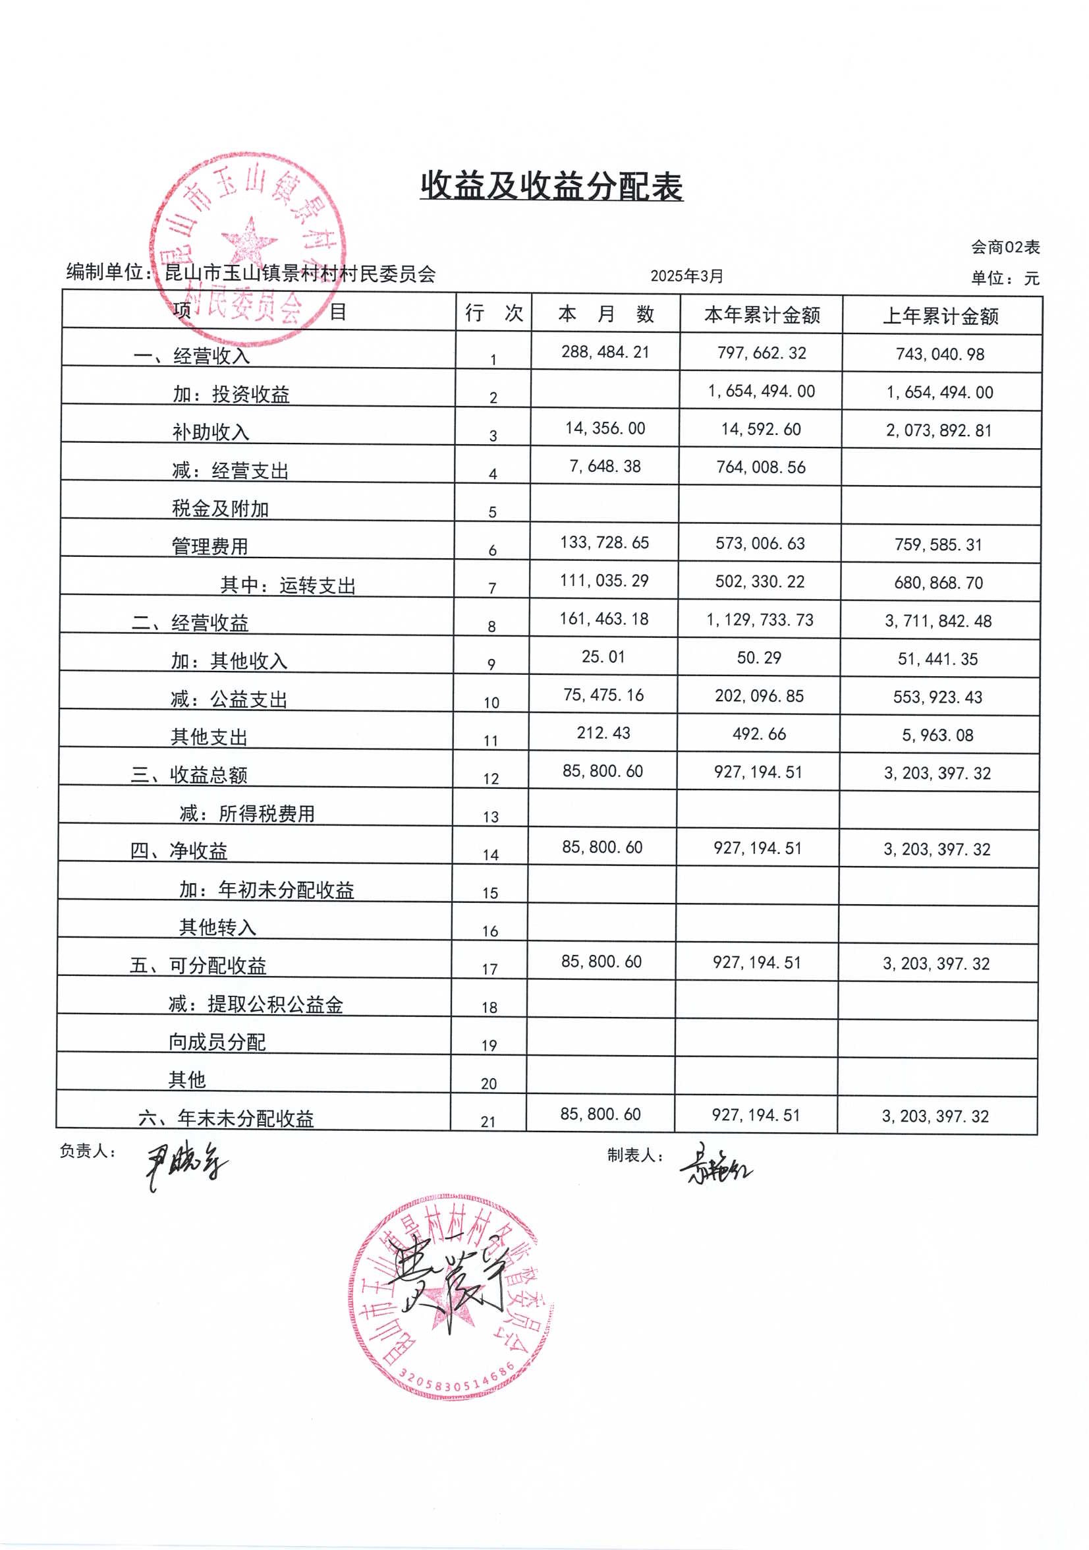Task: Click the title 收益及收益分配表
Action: tap(551, 187)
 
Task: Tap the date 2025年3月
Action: tap(686, 276)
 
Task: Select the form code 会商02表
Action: tap(1005, 248)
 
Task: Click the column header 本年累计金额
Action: tap(762, 314)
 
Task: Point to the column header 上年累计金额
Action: tap(941, 316)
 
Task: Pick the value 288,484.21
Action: tap(605, 352)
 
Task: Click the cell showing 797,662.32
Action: tap(761, 353)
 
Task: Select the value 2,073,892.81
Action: tap(939, 431)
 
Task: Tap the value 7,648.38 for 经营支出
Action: tap(605, 467)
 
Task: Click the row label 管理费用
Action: tap(210, 546)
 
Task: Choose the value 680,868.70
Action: tap(938, 583)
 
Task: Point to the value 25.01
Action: tap(603, 657)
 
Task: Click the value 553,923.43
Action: tap(937, 697)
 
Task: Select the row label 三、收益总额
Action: tap(189, 775)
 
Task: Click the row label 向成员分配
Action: tap(217, 1042)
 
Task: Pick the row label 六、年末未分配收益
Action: tap(226, 1118)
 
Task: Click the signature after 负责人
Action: tap(186, 1166)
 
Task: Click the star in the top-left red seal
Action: tap(249, 241)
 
